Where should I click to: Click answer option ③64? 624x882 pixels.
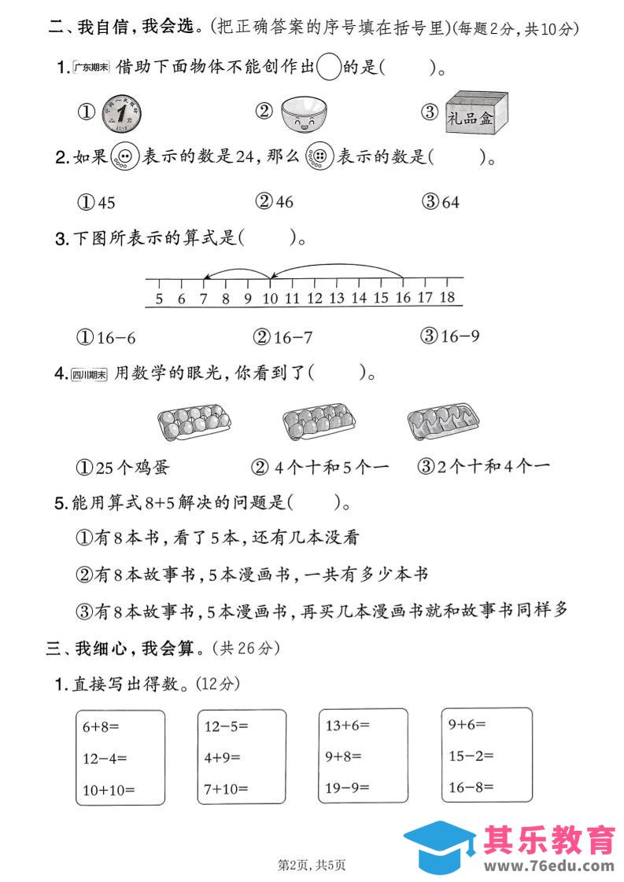click(441, 202)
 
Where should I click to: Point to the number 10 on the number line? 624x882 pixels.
click(270, 298)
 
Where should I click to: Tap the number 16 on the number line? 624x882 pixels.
click(403, 298)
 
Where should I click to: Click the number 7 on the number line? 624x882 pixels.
click(203, 298)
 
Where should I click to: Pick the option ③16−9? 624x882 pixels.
click(451, 336)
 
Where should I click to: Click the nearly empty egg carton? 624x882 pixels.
click(442, 422)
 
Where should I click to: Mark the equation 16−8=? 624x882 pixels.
click(471, 786)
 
